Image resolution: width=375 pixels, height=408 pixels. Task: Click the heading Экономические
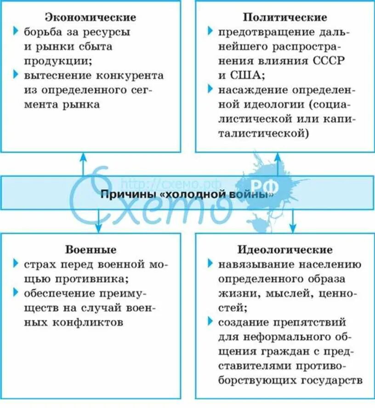pos(91,17)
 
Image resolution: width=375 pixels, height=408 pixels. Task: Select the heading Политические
pos(285,17)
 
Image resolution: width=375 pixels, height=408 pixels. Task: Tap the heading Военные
pos(91,250)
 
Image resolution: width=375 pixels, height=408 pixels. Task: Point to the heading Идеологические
pos(285,250)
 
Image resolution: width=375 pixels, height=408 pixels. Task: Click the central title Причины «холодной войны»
pos(187,194)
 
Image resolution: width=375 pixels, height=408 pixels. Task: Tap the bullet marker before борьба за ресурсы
pos(16,32)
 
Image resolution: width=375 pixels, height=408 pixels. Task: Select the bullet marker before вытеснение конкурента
pos(16,75)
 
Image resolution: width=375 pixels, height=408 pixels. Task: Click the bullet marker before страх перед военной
pos(16,264)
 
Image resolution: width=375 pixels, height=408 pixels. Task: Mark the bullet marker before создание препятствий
pos(210,322)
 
